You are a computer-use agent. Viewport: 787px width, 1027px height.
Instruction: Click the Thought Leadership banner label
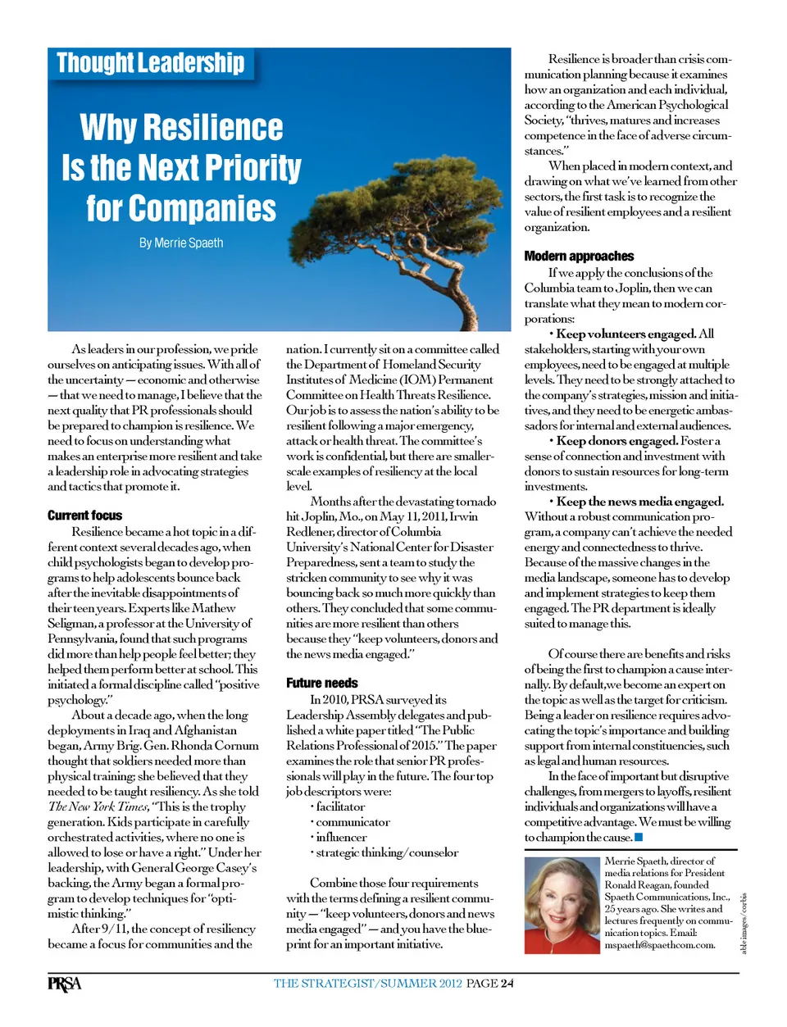pos(151,63)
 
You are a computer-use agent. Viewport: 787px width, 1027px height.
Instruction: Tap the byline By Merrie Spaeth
pos(181,243)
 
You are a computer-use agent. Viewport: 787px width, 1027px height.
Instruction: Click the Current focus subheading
pos(84,516)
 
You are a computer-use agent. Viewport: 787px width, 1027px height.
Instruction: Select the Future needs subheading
pos(322,683)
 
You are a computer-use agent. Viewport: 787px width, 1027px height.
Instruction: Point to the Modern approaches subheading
pos(579,256)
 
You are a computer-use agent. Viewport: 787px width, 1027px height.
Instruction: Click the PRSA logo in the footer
pos(64,984)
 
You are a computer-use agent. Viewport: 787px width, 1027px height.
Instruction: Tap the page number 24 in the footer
pos(507,984)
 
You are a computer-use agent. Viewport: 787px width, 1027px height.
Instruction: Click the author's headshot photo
pos(562,905)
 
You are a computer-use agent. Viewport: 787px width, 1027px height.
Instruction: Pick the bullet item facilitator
pos(340,807)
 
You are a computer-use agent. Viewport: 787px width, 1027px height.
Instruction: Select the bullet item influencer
pos(341,837)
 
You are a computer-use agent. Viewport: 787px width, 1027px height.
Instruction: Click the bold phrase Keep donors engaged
pos(617,440)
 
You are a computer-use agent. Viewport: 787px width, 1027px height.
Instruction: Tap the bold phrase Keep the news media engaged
pos(639,501)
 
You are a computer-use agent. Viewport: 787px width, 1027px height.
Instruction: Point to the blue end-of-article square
pos(639,837)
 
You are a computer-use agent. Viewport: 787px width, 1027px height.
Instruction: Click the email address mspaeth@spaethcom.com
pos(659,944)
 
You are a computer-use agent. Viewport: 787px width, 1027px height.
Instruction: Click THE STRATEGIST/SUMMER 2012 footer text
pos(368,984)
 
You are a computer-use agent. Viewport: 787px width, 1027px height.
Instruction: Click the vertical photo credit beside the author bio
pos(744,923)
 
